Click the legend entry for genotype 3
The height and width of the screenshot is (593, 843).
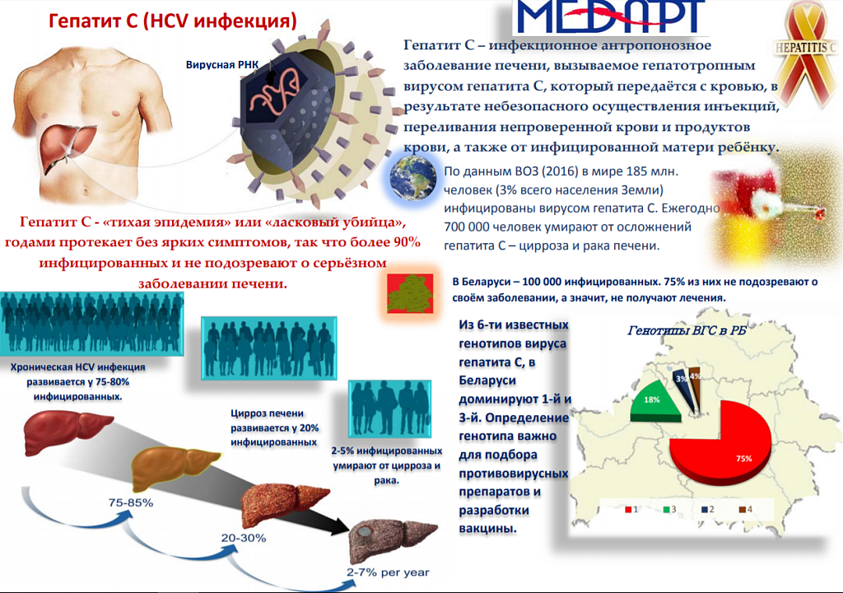pos(669,509)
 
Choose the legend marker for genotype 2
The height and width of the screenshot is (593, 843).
pos(705,509)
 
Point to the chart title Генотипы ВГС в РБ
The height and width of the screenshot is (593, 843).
pos(687,330)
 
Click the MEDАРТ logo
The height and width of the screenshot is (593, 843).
pos(610,16)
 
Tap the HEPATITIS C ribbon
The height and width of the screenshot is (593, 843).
pos(805,51)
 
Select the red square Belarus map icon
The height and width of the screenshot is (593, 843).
pos(410,293)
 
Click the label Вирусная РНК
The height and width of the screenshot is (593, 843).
pos(222,65)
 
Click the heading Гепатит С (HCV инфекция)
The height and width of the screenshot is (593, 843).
pos(173,21)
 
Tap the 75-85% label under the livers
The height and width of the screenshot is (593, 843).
pos(131,502)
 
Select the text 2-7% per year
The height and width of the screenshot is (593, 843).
pos(388,572)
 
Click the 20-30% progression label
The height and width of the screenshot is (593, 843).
pos(244,538)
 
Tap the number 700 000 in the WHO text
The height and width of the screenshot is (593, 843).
pos(467,227)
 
